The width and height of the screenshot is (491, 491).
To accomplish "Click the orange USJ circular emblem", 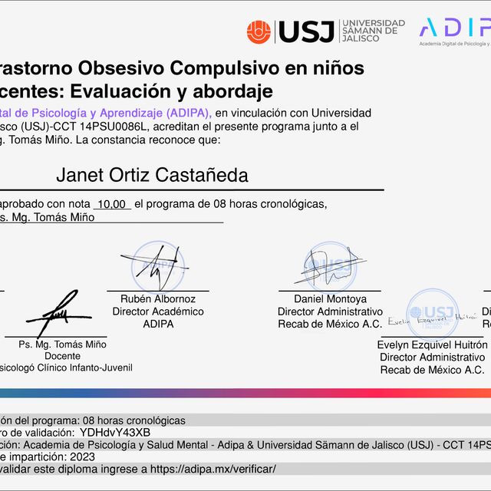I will tap(259, 31).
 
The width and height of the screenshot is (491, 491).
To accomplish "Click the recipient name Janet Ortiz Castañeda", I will tap(152, 175).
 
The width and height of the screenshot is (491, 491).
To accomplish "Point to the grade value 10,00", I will tap(112, 204).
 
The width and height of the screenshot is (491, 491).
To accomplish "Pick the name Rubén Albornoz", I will tap(158, 299).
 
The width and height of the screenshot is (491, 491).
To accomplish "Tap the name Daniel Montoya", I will tap(330, 299).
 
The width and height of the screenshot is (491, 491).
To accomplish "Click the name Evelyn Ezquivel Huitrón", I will tap(432, 345).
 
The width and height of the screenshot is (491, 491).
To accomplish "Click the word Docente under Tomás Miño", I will tap(62, 357).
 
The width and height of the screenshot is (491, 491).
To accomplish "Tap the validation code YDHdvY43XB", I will tap(115, 432).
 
